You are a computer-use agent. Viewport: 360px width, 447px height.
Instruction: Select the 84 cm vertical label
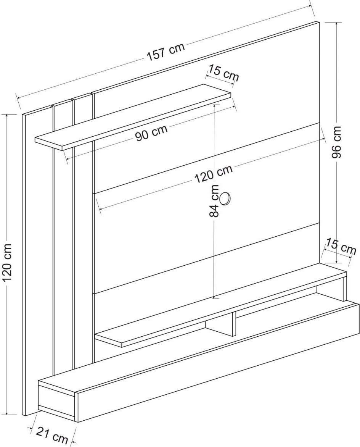click(215, 201)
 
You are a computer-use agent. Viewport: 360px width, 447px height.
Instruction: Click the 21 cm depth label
click(52, 436)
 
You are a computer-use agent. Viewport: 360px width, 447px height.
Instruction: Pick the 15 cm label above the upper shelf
click(223, 73)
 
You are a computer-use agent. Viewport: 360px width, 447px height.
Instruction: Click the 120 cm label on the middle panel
click(214, 174)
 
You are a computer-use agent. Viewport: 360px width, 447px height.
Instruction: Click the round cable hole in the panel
click(225, 198)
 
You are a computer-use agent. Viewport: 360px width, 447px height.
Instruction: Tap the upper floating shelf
click(133, 117)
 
